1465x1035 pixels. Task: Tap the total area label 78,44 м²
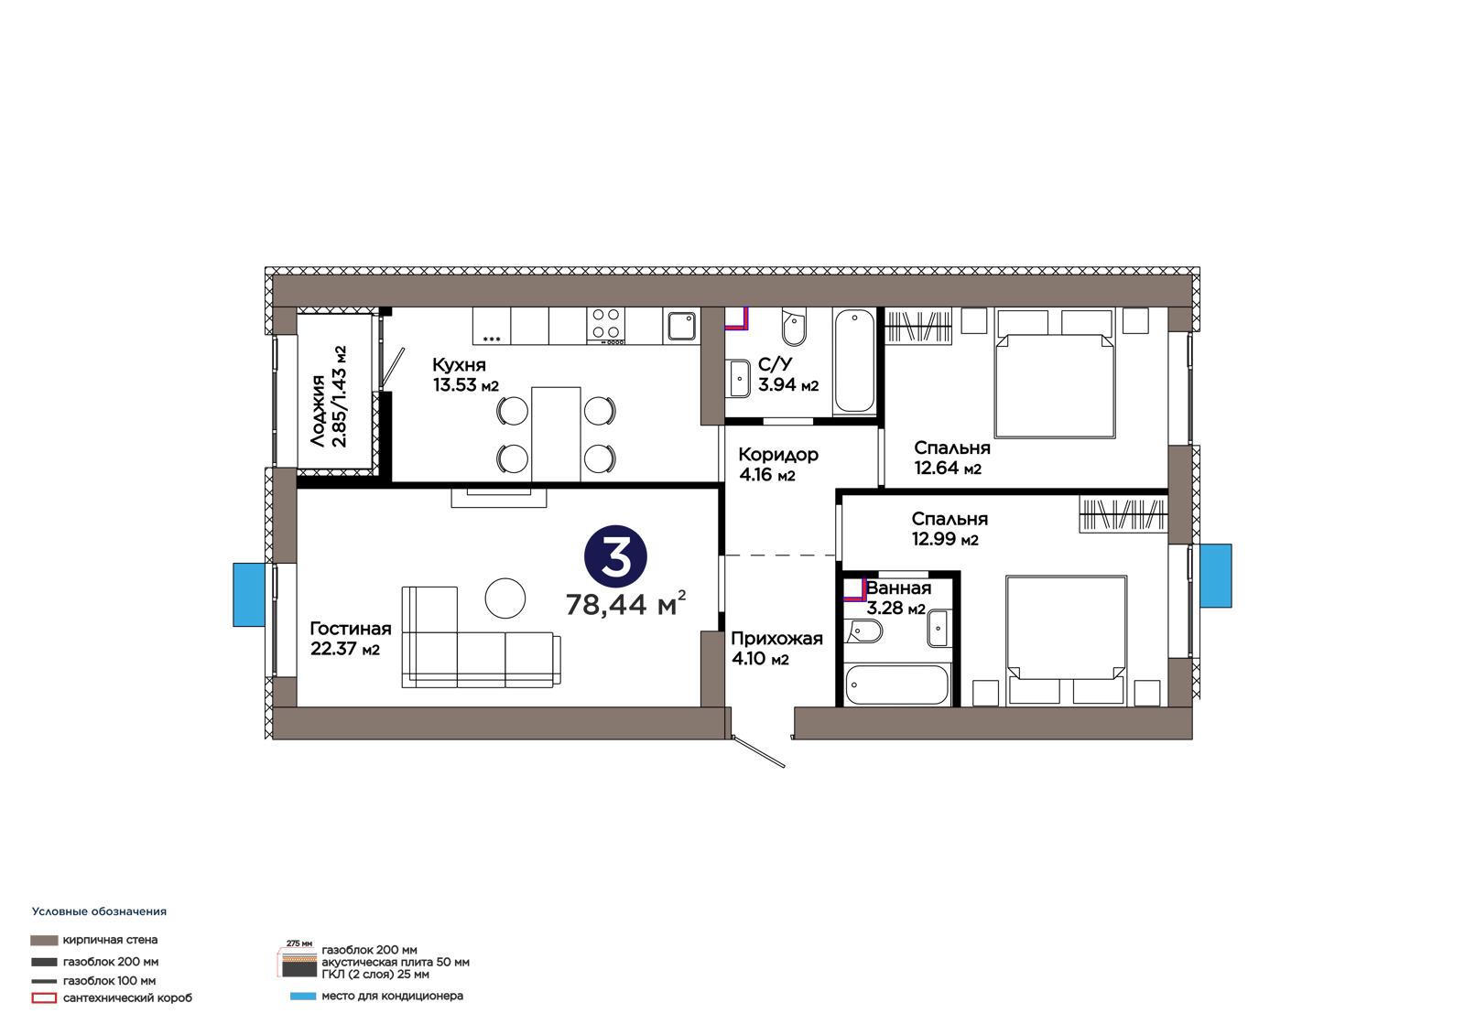pos(626,603)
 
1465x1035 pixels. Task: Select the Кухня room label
pos(459,364)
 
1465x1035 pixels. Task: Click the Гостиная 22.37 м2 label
pos(351,638)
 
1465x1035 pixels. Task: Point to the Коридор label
pos(778,455)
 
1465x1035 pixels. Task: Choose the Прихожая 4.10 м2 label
pos(777,648)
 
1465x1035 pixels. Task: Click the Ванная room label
pos(898,588)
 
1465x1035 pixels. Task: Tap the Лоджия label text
pos(318,411)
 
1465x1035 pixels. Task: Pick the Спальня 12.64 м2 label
pos(951,458)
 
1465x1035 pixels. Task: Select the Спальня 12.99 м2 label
pos(950,529)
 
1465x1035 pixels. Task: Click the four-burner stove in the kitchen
pos(606,326)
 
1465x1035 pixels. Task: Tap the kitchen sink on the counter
pos(681,327)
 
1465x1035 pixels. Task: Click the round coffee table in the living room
pos(505,598)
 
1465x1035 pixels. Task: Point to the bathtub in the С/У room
pos(854,361)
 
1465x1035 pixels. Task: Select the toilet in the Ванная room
pos(863,631)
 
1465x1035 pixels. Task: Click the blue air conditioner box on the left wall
pos(249,595)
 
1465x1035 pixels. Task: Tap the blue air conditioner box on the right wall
pos(1216,576)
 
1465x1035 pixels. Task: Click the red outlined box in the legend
pos(44,998)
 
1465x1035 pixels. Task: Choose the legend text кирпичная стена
pos(111,940)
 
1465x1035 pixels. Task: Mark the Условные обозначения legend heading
pos(100,911)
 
